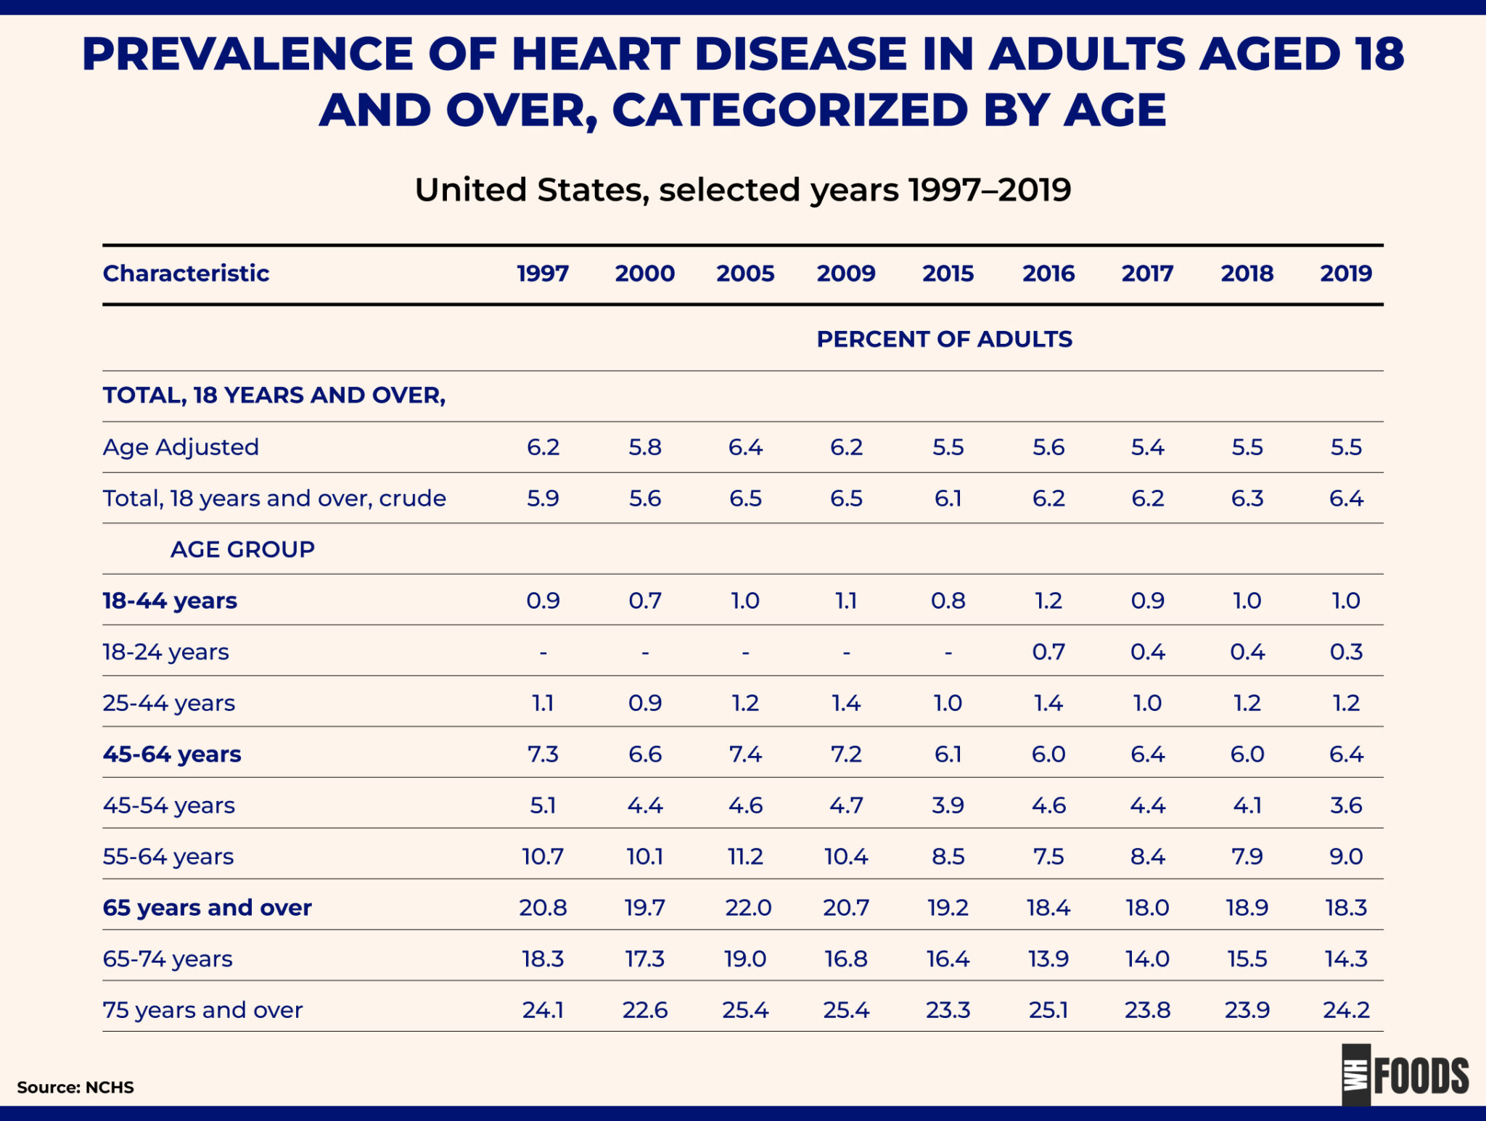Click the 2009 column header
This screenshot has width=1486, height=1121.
click(846, 274)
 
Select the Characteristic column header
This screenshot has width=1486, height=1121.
click(186, 274)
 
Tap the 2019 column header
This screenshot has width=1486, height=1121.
click(1346, 274)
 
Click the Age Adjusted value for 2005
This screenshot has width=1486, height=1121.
click(745, 447)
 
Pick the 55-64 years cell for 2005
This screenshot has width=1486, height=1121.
click(745, 856)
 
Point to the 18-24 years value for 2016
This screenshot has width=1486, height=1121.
click(1048, 652)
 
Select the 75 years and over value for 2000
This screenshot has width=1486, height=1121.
click(644, 1010)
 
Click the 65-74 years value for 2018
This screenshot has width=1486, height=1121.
click(1247, 958)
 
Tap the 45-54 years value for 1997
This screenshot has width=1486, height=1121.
click(543, 805)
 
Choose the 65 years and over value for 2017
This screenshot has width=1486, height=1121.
click(1147, 908)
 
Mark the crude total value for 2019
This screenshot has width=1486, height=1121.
click(1346, 498)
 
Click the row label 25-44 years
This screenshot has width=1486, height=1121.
click(169, 703)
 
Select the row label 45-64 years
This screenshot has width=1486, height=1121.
click(172, 755)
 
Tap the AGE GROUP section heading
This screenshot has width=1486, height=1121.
click(242, 549)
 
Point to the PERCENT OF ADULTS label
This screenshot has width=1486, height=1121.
click(944, 339)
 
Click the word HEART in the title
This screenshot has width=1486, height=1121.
click(595, 54)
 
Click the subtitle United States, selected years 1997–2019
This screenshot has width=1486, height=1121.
click(742, 190)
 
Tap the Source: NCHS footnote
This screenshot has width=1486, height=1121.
click(75, 1087)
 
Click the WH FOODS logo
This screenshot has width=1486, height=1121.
click(1405, 1075)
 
